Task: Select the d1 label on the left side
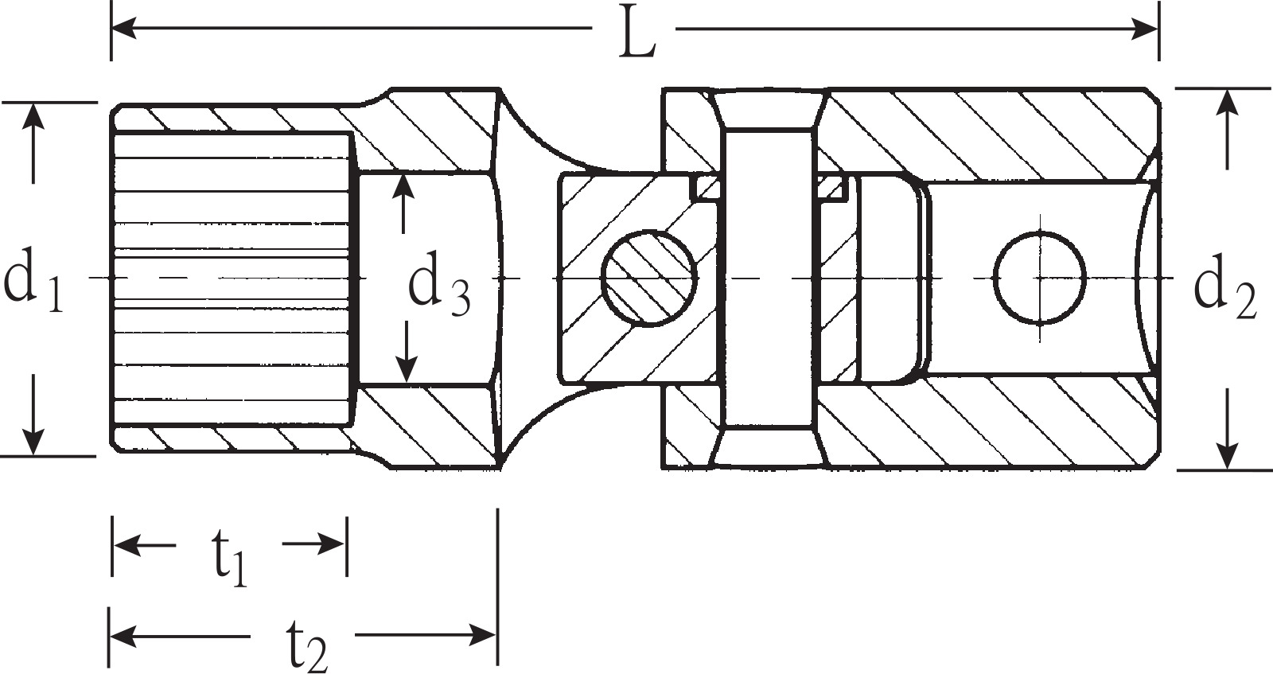coord(33,282)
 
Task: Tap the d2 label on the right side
coord(1225,287)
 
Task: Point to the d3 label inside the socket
coord(439,283)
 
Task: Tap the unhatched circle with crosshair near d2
coord(1040,279)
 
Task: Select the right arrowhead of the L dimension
coord(1145,29)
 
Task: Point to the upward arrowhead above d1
coord(34,116)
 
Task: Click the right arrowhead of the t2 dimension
coord(482,634)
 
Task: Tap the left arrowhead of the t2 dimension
coord(123,635)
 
